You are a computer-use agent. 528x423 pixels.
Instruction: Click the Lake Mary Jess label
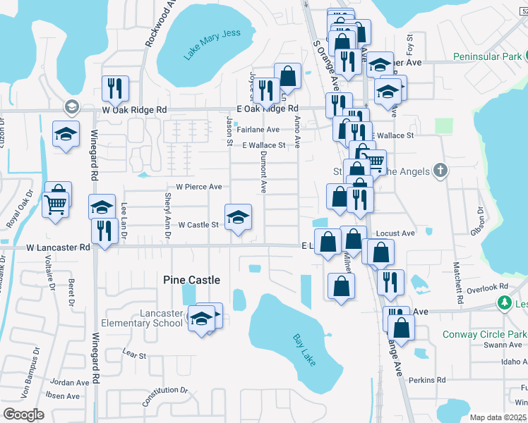tap(212, 43)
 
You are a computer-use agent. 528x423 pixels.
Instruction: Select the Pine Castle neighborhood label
tap(191, 280)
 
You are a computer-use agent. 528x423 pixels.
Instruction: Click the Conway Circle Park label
tap(485, 334)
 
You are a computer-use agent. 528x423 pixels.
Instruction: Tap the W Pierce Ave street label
tap(199, 187)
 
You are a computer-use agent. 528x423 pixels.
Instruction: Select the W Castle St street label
tap(198, 225)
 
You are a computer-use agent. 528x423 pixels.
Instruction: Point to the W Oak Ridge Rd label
tap(134, 110)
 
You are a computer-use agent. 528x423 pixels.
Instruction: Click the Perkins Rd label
tap(431, 379)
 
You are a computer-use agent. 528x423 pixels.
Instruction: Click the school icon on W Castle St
tap(238, 217)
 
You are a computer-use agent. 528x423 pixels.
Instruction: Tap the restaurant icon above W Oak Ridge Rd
tap(113, 89)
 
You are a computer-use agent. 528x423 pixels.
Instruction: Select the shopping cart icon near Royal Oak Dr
tap(54, 205)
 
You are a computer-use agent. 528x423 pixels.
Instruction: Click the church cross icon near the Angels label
tap(440, 170)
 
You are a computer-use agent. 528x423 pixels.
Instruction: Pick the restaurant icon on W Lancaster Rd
tap(104, 231)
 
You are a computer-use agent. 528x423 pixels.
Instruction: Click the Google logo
tap(23, 415)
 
